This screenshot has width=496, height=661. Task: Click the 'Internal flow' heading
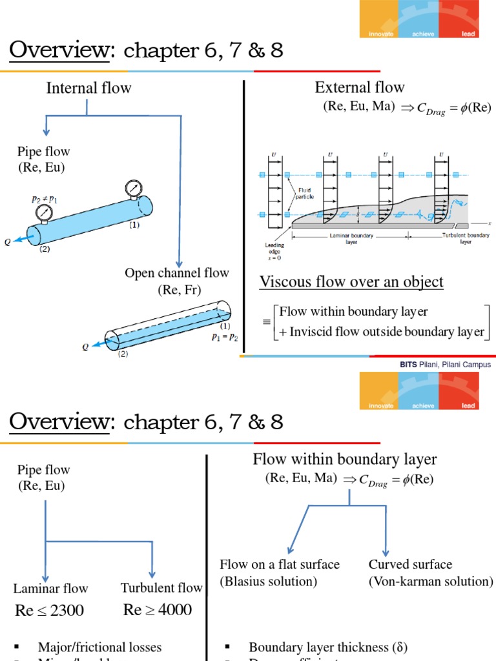(x=88, y=88)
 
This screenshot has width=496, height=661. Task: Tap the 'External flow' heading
(x=360, y=88)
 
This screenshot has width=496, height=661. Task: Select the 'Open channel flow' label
(x=177, y=273)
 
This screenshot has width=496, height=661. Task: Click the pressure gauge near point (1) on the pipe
(x=134, y=188)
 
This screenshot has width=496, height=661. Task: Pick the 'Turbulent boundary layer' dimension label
(x=466, y=239)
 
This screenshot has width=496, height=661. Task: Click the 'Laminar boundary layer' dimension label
(x=351, y=239)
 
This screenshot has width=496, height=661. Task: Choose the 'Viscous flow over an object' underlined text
(x=351, y=282)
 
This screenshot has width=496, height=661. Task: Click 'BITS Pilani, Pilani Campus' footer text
(x=445, y=365)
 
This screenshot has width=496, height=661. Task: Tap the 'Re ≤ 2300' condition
(x=50, y=611)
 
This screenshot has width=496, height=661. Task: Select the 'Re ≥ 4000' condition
(x=158, y=610)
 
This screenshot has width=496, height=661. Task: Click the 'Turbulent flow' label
(x=161, y=588)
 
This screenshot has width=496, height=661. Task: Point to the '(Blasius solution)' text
(x=269, y=582)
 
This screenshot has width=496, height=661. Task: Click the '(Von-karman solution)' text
(x=431, y=582)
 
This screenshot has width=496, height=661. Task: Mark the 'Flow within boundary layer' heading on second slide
(x=345, y=460)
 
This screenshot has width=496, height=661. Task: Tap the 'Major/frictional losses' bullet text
(x=99, y=647)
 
